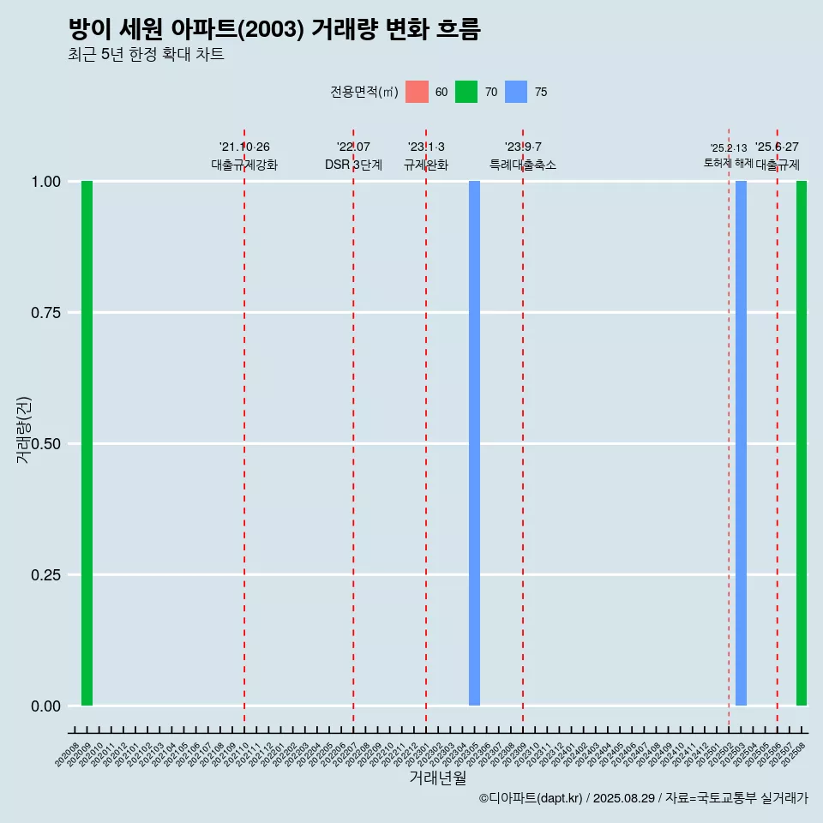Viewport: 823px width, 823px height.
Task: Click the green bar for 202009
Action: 87,443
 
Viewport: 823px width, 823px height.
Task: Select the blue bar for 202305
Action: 474,443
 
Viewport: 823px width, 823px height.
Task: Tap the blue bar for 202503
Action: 741,443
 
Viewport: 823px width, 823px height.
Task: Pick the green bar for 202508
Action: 802,443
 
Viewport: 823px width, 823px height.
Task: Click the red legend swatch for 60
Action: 417,92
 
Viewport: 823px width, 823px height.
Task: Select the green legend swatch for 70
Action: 466,92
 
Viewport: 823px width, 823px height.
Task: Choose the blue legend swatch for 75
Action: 516,92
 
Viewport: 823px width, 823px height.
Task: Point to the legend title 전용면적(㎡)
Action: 363,92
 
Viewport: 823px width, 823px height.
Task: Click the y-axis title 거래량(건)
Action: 24,429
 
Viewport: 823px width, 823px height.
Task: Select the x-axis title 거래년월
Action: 438,778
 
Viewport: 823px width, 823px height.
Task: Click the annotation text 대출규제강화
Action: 244,165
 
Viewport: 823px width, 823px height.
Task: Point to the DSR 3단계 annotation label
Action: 353,165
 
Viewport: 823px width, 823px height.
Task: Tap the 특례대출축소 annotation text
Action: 523,165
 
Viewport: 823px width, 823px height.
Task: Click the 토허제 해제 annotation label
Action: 729,163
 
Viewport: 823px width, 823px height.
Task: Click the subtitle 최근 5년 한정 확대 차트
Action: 146,55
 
